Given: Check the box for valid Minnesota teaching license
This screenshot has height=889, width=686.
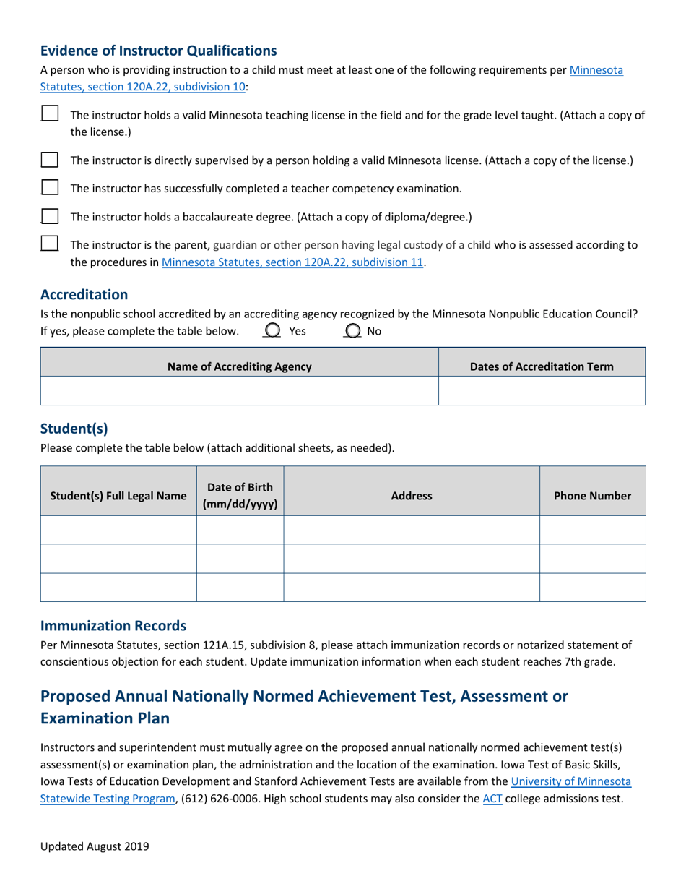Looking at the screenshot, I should tap(50, 113).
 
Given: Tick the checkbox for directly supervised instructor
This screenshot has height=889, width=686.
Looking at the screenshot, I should tap(50, 160).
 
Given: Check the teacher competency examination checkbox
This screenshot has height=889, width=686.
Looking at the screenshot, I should tap(50, 188).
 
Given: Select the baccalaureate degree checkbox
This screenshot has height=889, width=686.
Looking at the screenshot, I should tap(50, 216).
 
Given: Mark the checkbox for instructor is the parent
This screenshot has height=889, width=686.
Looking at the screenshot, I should tap(50, 244).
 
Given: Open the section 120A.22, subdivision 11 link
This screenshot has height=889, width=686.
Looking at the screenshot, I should tap(292, 262).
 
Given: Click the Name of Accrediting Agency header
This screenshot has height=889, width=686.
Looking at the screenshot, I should tap(239, 366).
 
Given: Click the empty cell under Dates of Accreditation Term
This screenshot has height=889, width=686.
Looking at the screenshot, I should tap(542, 390).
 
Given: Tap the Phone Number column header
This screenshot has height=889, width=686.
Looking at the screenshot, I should tap(592, 496).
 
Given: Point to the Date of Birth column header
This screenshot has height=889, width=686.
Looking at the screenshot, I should tap(240, 496).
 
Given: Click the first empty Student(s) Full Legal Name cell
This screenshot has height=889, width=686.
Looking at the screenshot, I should tap(118, 530).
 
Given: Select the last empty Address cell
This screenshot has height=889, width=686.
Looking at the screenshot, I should tap(411, 587).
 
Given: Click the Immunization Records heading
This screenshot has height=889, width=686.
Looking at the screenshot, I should tap(113, 625).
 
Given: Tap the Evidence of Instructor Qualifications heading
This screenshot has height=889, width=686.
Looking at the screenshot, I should tap(158, 51).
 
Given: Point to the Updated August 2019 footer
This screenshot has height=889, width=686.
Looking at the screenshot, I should tap(95, 846).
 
